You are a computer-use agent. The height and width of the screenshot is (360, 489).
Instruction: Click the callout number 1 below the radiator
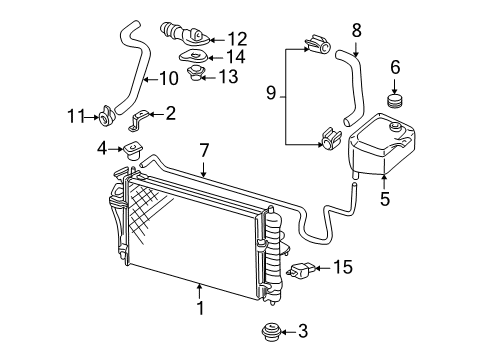click(x=201, y=308)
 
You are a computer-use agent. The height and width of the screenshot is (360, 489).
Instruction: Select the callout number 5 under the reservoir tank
click(x=385, y=197)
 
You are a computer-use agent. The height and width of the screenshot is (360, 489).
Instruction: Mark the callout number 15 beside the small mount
click(x=343, y=267)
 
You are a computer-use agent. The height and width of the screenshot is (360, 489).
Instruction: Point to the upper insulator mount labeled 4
click(x=132, y=152)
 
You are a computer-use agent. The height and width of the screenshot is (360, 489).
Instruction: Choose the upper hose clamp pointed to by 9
click(x=318, y=45)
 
